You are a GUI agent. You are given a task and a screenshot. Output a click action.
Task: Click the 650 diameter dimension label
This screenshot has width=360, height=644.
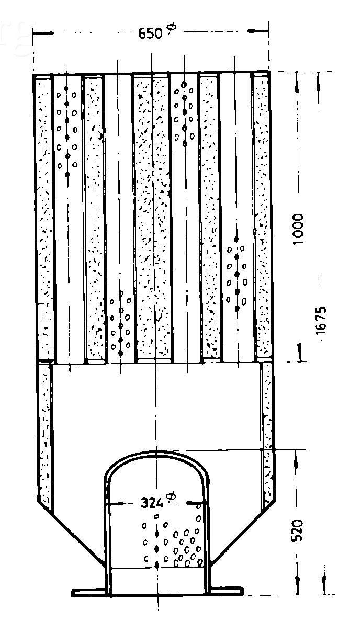click(156, 32)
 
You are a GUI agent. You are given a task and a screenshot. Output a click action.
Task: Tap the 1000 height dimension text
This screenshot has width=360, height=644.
click(298, 229)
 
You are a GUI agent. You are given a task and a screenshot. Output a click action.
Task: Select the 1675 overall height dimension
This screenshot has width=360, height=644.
click(321, 320)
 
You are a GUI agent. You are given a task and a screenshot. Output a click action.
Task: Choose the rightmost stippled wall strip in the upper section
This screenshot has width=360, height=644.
click(262, 216)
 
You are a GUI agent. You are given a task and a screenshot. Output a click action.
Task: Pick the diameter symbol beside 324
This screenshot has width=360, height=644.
click(171, 497)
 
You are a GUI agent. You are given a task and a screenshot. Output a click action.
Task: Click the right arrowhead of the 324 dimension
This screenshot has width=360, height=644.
click(194, 503)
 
